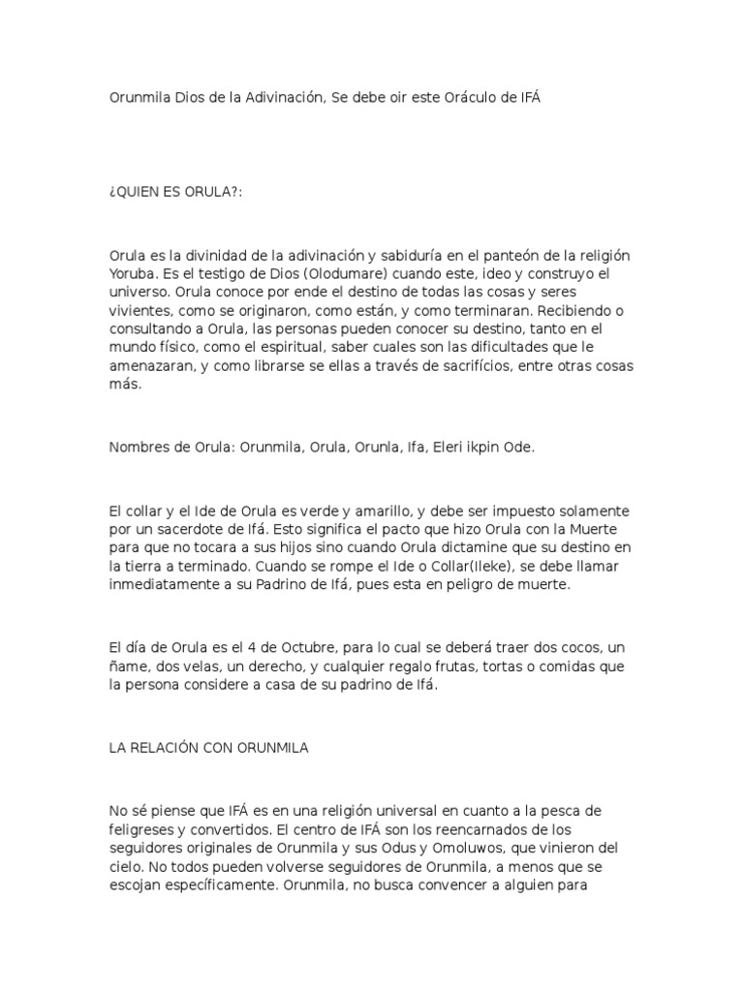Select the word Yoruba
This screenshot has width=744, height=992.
point(133,273)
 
